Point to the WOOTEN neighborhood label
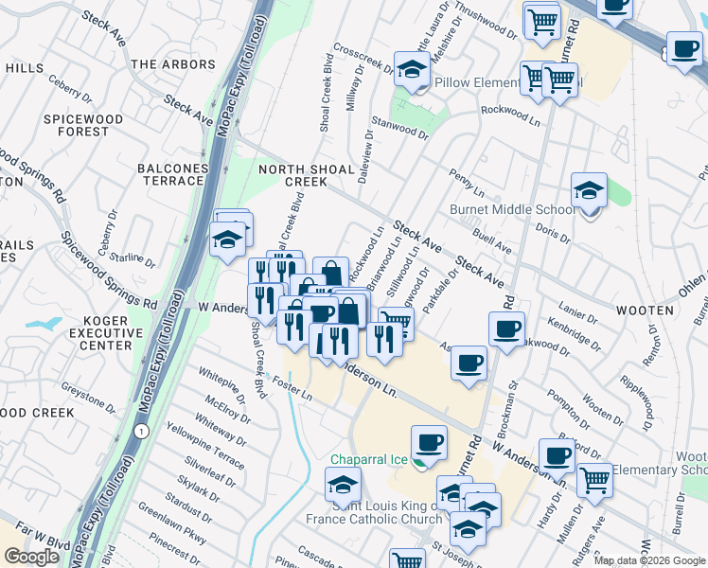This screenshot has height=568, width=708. [x=645, y=310]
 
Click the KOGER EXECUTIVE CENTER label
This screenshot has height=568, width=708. [x=93, y=332]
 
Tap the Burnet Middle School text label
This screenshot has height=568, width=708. [x=511, y=209]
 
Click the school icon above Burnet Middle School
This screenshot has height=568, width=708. [x=589, y=192]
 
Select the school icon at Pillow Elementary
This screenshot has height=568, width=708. [x=412, y=70]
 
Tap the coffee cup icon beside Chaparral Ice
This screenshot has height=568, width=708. [x=429, y=442]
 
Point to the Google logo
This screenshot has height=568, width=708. [x=31, y=557]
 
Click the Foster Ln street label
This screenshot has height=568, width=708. [x=292, y=387]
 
